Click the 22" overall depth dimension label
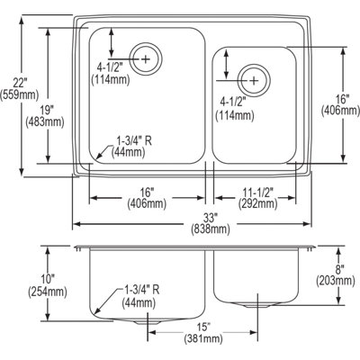click(21, 82)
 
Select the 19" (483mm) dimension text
click(45, 116)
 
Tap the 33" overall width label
click(211, 217)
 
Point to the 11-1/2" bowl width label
click(257, 192)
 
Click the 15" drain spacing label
click(203, 327)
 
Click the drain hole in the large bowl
click(146, 58)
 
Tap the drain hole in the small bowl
click(254, 80)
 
